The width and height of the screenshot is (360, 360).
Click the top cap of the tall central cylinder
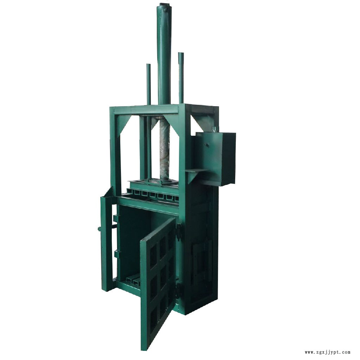(164, 5)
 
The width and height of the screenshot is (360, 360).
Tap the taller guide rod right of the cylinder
(181, 78)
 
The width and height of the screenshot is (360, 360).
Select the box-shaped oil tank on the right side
(216, 159)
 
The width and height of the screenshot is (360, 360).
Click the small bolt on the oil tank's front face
(207, 145)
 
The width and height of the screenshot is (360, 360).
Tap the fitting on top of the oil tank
(215, 129)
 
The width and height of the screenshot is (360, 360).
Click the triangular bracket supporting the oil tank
(195, 175)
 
